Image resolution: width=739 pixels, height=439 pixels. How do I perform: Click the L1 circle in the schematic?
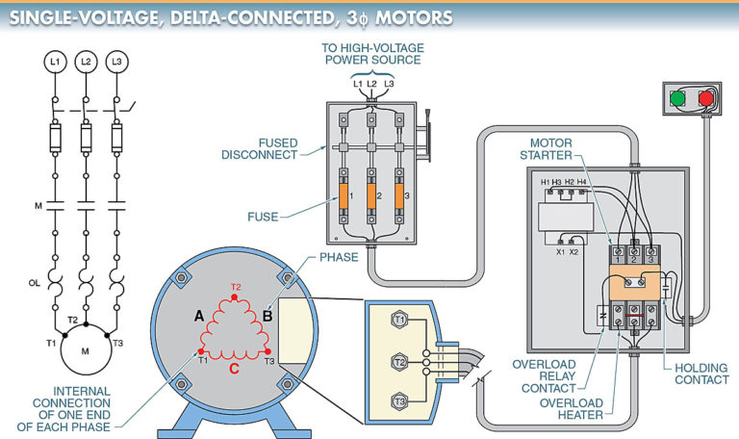click(x=54, y=62)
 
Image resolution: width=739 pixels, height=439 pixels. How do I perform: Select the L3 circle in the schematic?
click(x=117, y=62)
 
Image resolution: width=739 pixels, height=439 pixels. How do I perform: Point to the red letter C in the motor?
click(x=235, y=366)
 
